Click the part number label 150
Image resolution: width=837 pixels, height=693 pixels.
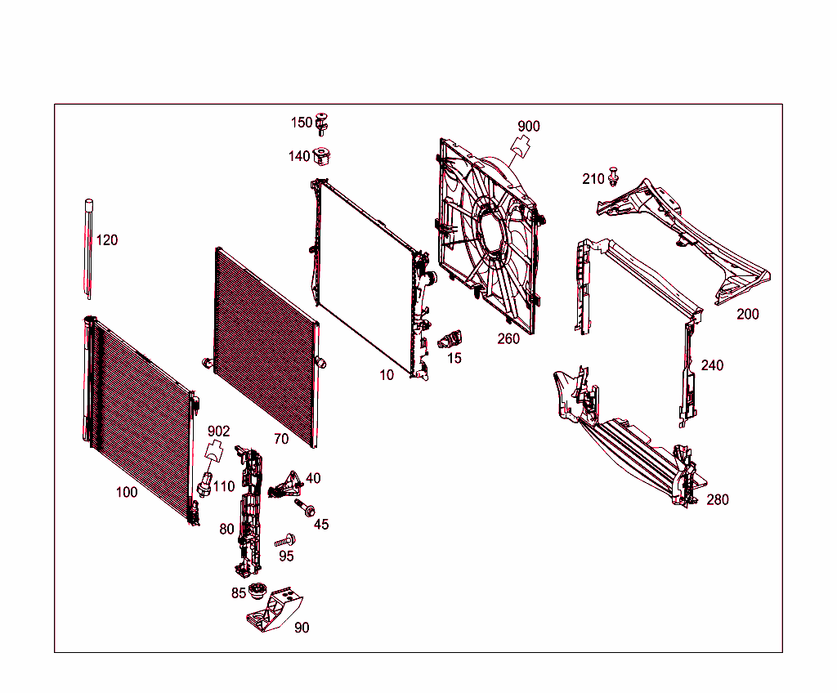coord(302,123)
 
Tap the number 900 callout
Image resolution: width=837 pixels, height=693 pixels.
coord(529,127)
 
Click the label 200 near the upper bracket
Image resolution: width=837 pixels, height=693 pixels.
coord(747,315)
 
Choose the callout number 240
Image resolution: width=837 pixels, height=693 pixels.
coord(712,365)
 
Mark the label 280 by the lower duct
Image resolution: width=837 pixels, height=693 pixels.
coord(717,500)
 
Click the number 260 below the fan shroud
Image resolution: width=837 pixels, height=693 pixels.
coord(508,339)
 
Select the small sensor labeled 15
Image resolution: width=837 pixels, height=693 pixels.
coord(450,339)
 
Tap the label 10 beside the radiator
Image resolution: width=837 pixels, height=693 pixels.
coord(387,375)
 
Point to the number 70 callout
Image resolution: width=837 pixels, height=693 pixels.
coord(281,439)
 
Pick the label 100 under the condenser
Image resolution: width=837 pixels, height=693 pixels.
coord(127,493)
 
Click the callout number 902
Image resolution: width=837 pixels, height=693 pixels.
coord(218,431)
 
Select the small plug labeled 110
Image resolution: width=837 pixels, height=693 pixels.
coord(204,484)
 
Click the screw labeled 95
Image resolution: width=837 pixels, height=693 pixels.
coord(284,541)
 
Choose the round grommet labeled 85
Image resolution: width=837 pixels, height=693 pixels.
coord(258,592)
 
